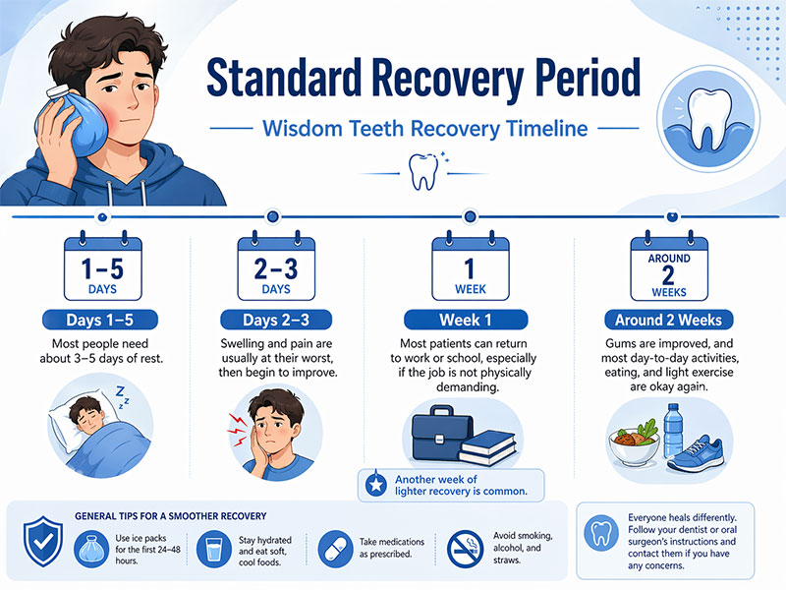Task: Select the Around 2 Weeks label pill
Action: [668, 321]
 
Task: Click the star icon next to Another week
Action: [374, 485]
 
